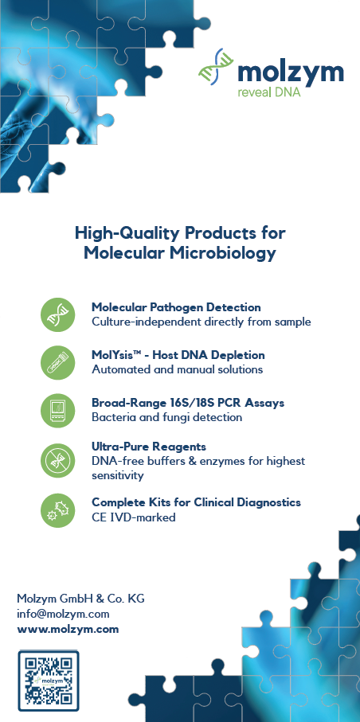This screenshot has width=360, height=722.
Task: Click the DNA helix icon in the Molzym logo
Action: coord(216,67)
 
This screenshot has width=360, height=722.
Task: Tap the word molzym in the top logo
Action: coord(291,72)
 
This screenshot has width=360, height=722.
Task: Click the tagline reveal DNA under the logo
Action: coord(268,92)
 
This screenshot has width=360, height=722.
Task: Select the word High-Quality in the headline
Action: coord(127,233)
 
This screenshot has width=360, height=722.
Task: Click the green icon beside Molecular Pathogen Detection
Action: coord(57,314)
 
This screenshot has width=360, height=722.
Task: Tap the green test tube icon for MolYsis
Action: coord(57,363)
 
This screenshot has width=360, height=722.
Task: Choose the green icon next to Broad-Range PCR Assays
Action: coord(57,411)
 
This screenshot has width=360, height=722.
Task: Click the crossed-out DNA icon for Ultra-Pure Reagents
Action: coord(57,460)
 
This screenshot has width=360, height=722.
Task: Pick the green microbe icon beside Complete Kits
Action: coord(57,510)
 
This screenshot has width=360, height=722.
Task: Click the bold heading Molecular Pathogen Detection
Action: coord(176,307)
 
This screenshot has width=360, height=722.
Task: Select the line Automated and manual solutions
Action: coord(178,369)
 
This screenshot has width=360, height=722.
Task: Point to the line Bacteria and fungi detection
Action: coord(167,418)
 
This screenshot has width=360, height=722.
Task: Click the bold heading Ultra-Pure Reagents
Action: coord(149,447)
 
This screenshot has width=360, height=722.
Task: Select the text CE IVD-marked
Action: coord(134,517)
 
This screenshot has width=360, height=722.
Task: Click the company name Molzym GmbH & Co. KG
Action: coord(80,599)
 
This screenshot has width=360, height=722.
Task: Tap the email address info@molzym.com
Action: coord(63,614)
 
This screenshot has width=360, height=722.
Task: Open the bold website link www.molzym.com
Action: coord(68,629)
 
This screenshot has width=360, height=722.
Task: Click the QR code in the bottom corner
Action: coord(49,681)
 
